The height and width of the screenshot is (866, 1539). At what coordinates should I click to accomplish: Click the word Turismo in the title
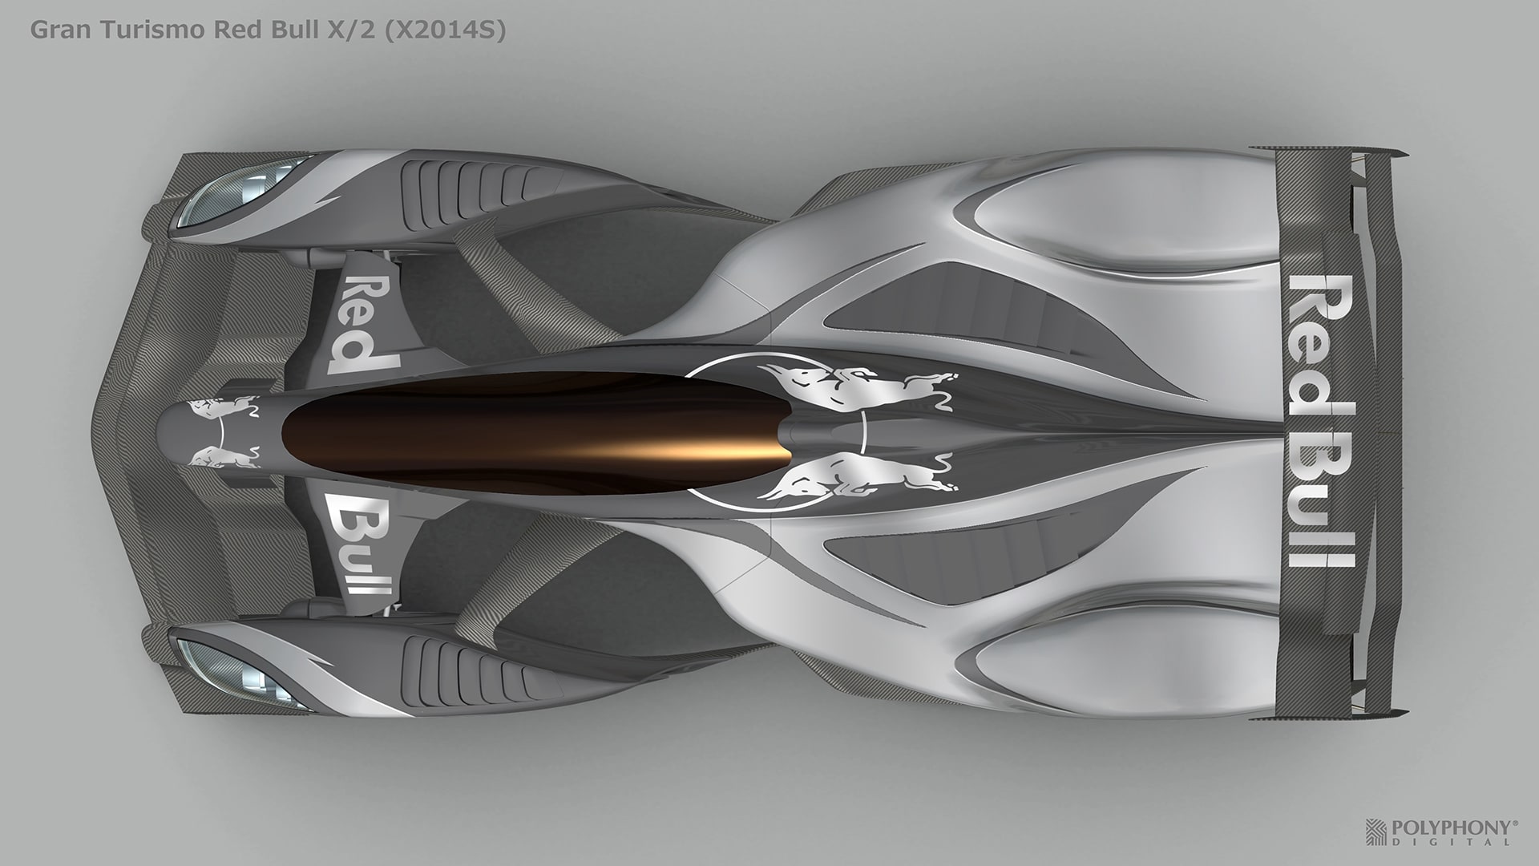(x=135, y=31)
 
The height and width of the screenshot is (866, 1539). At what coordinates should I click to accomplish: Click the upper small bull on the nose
(x=220, y=408)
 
